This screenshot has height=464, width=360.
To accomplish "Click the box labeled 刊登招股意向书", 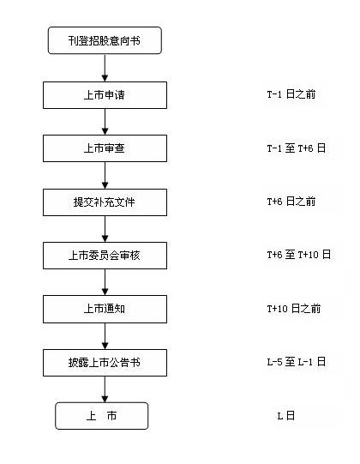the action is coord(105,40).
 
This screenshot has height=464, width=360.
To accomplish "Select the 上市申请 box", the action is coord(105,95).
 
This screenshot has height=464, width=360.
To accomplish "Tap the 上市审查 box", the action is coord(105,148).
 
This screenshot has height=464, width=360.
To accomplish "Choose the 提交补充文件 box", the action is coord(105,202).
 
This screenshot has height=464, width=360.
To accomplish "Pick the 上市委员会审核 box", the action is coord(105,256).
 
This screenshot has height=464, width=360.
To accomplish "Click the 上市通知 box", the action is coord(105,309).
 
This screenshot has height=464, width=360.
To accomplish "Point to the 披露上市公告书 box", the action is coord(105,363).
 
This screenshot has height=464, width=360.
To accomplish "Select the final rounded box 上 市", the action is coord(102,416).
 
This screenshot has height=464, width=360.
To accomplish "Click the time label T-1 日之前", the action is coord(291,94).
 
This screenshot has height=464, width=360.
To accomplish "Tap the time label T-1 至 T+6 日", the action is coord(296,148).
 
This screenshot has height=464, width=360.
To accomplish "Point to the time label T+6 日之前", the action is coord(291,202).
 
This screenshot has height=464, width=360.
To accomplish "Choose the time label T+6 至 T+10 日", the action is coord(299,255).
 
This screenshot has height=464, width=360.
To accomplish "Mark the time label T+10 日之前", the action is coord(294,309).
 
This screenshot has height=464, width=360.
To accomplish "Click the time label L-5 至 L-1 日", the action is coord(296,362).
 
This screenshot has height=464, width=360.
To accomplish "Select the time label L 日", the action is coord(285,416).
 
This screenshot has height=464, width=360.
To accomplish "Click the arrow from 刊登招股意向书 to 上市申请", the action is coord(105,68).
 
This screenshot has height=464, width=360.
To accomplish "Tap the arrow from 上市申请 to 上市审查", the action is coord(105,122).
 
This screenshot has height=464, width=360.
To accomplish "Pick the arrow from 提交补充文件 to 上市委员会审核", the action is coord(105,229).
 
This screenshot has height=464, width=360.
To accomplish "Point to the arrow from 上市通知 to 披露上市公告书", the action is coord(105,336).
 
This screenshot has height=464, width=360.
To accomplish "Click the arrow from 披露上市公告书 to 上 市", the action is coord(105,389).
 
